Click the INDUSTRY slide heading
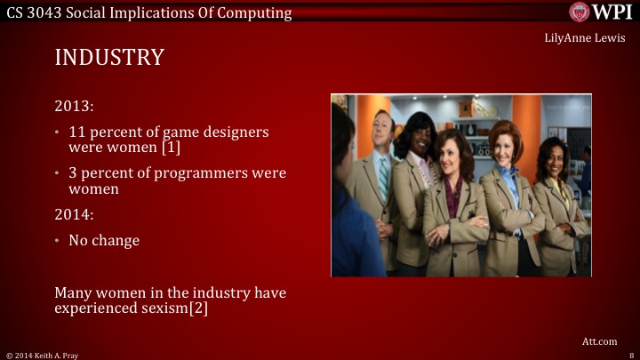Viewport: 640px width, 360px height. point(109,58)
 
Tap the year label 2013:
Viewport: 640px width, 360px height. point(74,107)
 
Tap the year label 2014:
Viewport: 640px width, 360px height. point(74,214)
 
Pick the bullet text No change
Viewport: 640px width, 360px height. point(104,241)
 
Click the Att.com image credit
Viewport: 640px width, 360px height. point(600,340)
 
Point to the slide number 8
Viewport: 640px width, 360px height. point(630,355)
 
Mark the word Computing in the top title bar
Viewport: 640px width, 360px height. point(257,12)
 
